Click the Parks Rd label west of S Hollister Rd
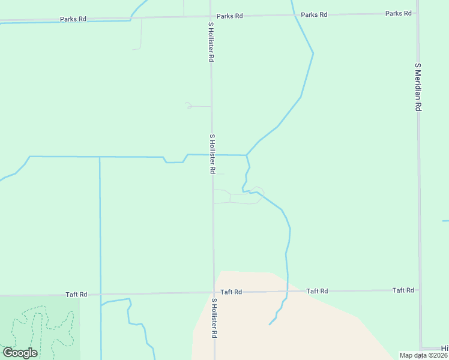click(73, 19)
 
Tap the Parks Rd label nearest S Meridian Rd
click(399, 13)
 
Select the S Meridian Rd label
click(418, 86)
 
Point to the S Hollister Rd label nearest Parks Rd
click(211, 43)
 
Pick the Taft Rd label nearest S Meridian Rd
click(403, 290)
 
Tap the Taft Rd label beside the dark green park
click(76, 295)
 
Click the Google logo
click(20, 353)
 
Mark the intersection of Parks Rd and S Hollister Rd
click(211, 17)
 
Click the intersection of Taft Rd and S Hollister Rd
click(214, 293)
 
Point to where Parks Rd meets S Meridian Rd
click(418, 13)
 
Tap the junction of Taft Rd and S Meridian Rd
click(420, 290)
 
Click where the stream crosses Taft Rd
click(288, 292)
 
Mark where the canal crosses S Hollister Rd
click(212, 155)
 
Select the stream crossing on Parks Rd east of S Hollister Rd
click(294, 15)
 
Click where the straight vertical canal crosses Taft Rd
click(100, 295)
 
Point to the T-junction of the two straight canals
click(100, 157)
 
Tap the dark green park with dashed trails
click(39, 327)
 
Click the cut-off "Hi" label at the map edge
click(444, 349)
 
